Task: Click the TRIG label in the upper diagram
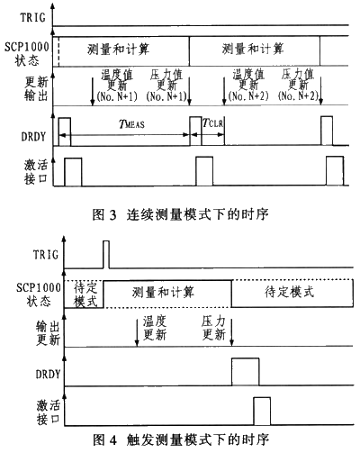point(33,17)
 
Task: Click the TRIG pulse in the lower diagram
point(106,254)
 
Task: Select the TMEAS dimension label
point(131,123)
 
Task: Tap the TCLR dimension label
point(212,122)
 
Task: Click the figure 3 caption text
point(180,214)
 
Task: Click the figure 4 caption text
point(181,440)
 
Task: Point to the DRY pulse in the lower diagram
point(246,372)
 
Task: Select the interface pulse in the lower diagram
point(262,412)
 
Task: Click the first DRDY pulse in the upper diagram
point(65,131)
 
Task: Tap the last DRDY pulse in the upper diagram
point(327,131)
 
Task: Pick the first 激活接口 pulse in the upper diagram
point(73,172)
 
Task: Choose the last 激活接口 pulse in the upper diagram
point(335,171)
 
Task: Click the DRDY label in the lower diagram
point(49,374)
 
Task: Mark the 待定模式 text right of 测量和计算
point(290,292)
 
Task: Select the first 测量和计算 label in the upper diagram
point(118,49)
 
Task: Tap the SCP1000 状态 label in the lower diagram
point(39,294)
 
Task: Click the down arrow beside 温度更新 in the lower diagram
point(137,332)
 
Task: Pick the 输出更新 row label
point(48,333)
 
